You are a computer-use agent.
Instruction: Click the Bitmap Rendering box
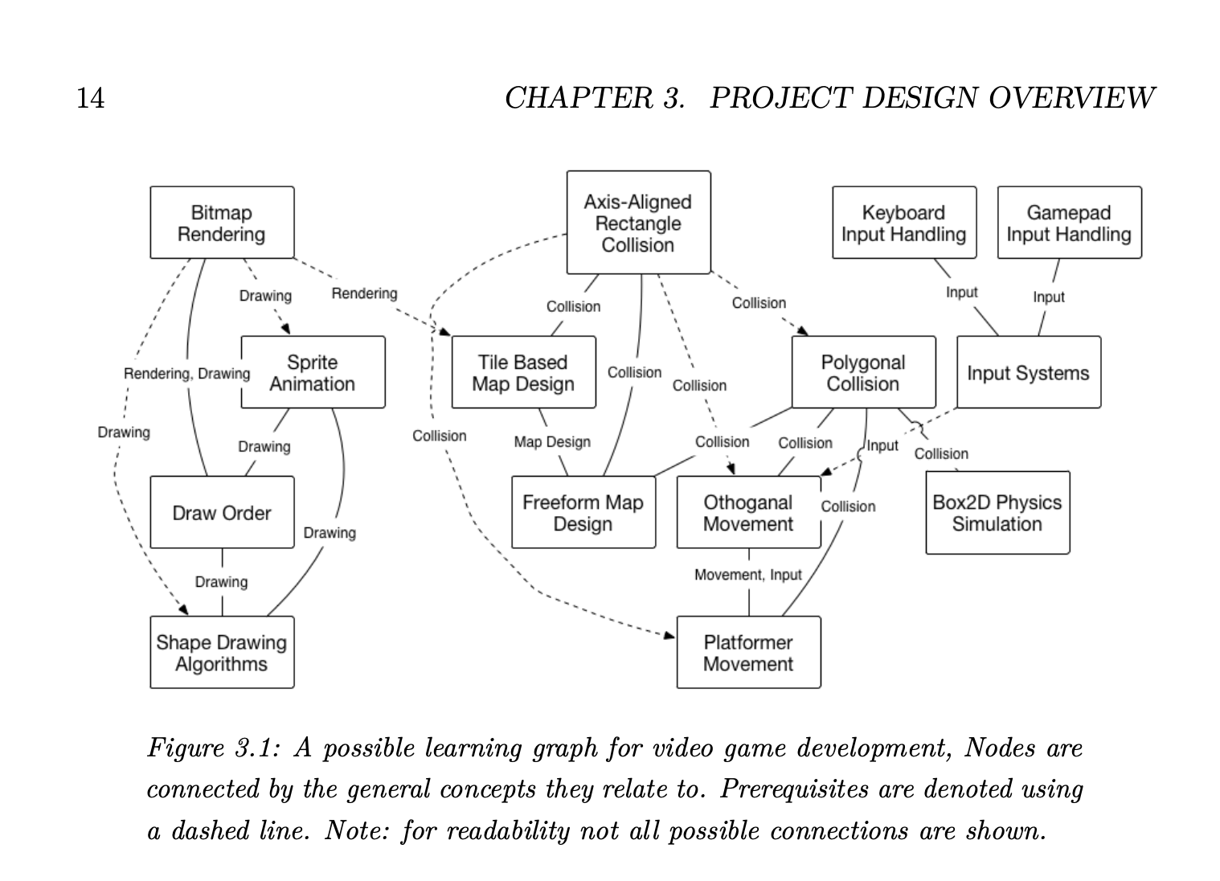(222, 223)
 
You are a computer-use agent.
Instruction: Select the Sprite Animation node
(313, 372)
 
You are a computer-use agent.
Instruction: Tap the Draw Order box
(222, 512)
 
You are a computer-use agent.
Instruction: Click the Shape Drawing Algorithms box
(222, 652)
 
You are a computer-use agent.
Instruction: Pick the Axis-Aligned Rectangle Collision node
(638, 223)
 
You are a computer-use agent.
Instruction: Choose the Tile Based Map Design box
(523, 372)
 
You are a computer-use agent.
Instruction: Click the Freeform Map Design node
(583, 512)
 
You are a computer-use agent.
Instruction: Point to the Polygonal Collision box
(864, 372)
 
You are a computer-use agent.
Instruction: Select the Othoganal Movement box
(749, 512)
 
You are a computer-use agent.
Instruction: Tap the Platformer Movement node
(749, 652)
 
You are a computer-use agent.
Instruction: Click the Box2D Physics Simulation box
(998, 513)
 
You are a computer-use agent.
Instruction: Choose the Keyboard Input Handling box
(904, 223)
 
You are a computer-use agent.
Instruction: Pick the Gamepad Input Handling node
(1070, 223)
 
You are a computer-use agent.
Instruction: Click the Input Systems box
(1029, 372)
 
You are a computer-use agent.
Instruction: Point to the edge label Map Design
(552, 441)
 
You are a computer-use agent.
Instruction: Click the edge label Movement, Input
(747, 575)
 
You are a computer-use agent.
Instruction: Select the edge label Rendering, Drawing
(186, 374)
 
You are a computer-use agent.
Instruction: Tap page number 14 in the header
(90, 98)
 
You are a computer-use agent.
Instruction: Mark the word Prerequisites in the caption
(794, 789)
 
